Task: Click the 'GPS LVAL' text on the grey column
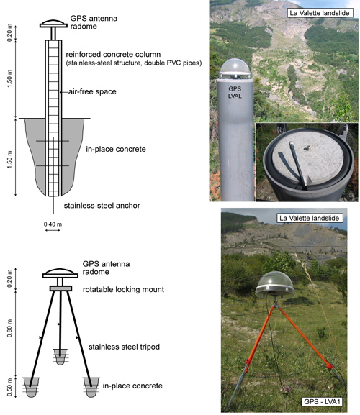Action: [235, 92]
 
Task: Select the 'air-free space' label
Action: [92, 91]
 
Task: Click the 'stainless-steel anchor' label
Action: [102, 206]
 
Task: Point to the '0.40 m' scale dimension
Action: [53, 224]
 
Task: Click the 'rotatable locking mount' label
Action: [123, 289]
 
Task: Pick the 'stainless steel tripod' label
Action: [124, 347]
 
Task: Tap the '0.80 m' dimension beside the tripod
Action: [10, 328]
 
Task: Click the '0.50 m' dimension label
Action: [10, 387]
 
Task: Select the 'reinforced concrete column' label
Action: [113, 54]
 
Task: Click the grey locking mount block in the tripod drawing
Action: [60, 288]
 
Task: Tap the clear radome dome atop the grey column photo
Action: [235, 68]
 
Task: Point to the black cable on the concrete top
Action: [297, 164]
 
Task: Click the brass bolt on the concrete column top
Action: [307, 148]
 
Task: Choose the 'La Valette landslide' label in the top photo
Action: [320, 13]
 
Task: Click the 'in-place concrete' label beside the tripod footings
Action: [132, 386]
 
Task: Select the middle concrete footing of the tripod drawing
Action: [60, 357]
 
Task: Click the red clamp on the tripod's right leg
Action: [329, 366]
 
